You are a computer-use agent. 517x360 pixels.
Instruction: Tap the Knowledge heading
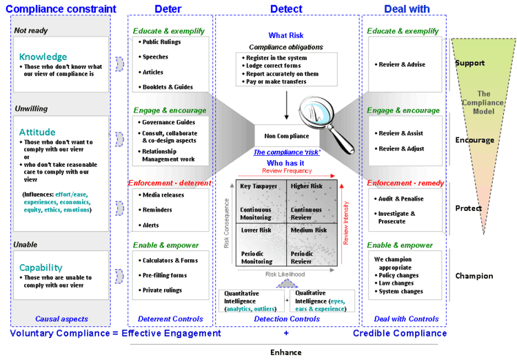coord(43,57)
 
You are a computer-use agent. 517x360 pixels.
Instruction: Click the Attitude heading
coord(38,132)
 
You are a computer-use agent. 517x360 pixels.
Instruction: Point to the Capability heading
coord(41,268)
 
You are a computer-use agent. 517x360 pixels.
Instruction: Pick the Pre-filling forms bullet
coord(164,275)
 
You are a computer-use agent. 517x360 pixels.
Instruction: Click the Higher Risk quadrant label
coord(307,186)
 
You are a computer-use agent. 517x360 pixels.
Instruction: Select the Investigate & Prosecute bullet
coord(398,218)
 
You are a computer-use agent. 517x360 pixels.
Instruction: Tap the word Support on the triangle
coord(470,63)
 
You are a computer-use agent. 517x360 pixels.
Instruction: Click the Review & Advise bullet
coord(401,64)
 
